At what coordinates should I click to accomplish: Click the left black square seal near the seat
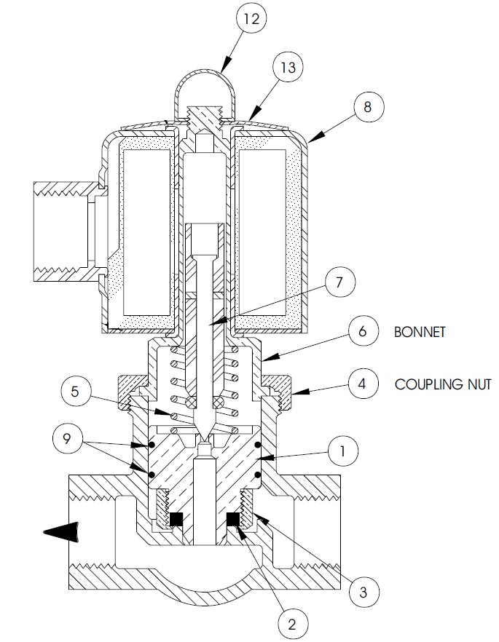pos(176,519)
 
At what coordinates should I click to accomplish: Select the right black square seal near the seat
pos(233,519)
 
